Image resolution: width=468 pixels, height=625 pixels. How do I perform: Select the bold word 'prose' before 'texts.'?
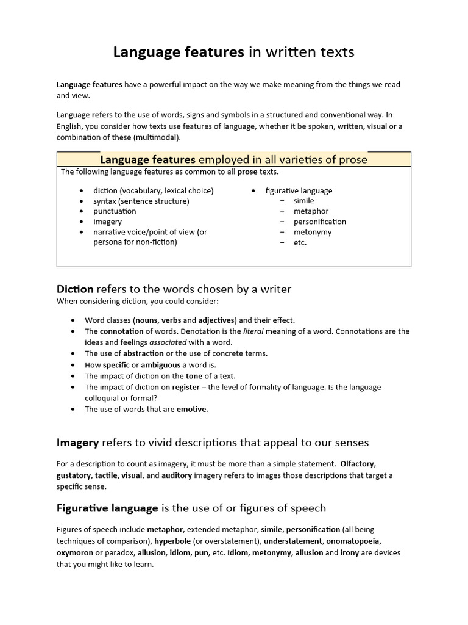(x=247, y=172)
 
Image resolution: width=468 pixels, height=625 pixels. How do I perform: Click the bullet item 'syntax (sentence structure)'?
(x=141, y=201)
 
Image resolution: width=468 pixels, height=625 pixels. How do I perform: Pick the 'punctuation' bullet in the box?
(x=115, y=211)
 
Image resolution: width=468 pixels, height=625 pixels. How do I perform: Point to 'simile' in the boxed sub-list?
(x=303, y=201)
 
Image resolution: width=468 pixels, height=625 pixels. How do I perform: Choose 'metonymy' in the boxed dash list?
(x=313, y=232)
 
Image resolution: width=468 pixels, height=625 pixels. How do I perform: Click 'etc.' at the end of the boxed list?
(x=300, y=242)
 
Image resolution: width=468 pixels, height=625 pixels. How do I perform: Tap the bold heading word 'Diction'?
(x=75, y=289)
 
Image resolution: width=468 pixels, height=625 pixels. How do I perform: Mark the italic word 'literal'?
(x=254, y=331)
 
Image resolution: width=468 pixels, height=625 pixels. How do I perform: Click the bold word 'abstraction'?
(x=143, y=353)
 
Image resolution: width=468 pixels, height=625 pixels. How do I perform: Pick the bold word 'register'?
(x=185, y=387)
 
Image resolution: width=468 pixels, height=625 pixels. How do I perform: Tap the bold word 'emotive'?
(x=192, y=409)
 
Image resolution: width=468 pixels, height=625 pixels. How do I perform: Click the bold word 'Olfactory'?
(x=358, y=464)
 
